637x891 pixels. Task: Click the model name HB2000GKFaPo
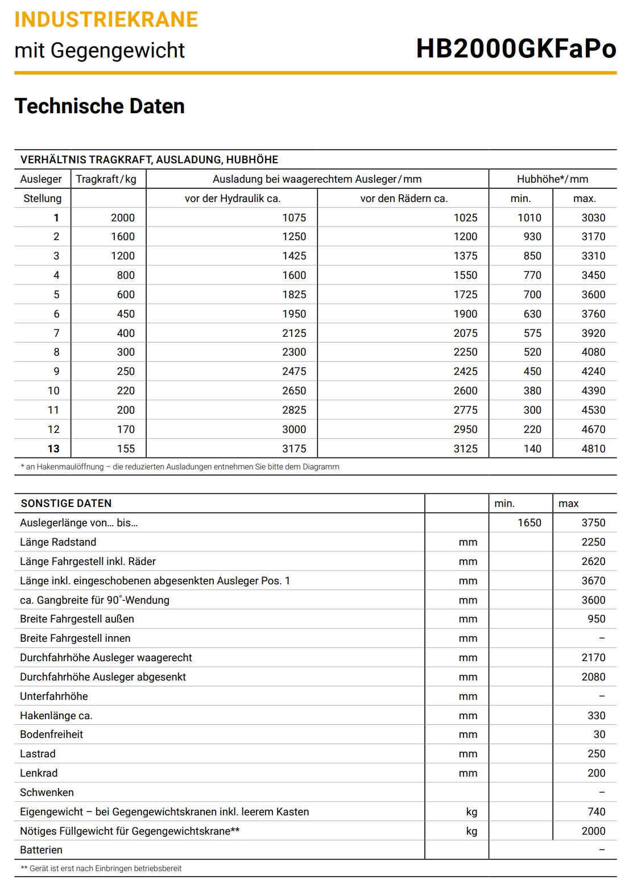516,48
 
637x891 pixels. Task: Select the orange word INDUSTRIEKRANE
106,19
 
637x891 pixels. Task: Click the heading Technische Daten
100,106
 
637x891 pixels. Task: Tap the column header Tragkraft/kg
106,179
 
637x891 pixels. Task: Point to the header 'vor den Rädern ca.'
404,199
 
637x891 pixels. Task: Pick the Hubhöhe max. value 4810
593,449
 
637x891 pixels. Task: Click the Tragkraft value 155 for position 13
126,449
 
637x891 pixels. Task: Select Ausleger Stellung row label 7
56,333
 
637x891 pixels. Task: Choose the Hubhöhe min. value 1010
529,218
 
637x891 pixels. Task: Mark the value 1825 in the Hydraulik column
294,295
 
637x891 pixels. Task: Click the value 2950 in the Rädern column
465,430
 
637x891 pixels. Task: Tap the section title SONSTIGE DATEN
66,504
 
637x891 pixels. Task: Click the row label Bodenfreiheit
51,735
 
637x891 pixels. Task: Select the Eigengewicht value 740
596,812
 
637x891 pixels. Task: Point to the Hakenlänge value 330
596,716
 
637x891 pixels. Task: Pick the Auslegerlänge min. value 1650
529,523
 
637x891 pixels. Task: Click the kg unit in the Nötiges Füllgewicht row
471,831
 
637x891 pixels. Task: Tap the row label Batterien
41,850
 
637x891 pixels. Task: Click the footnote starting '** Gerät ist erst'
101,869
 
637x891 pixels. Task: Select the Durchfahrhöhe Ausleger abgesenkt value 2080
593,677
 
